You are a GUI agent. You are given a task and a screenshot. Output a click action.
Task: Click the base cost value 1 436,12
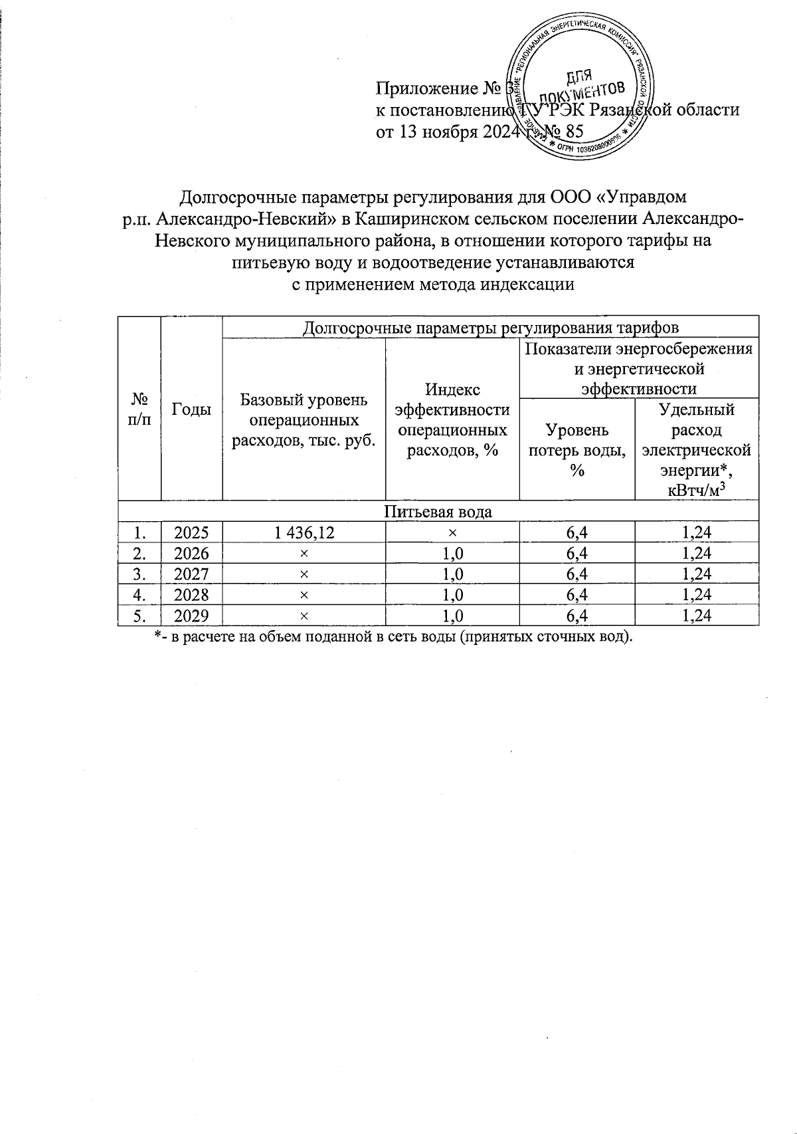click(303, 532)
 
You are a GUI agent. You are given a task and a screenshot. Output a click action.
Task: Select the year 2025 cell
click(191, 532)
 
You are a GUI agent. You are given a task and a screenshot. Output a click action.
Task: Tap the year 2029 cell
click(191, 616)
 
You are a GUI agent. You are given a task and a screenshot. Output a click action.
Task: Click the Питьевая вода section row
click(438, 512)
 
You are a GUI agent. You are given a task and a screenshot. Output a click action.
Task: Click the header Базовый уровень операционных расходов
click(303, 420)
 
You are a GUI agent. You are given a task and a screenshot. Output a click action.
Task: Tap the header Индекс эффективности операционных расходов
click(452, 420)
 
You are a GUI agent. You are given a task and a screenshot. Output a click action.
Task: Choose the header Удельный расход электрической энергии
click(696, 449)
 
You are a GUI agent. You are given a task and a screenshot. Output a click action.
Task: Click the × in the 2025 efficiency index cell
click(452, 532)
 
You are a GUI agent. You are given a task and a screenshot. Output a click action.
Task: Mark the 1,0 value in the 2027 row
click(452, 574)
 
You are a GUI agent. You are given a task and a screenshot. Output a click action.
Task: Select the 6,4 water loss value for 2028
click(576, 595)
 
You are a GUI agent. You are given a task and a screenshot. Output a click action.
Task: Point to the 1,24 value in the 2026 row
click(696, 554)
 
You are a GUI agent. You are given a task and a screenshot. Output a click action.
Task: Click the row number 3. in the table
click(139, 574)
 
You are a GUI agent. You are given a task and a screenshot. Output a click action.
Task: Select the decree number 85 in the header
click(573, 132)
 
